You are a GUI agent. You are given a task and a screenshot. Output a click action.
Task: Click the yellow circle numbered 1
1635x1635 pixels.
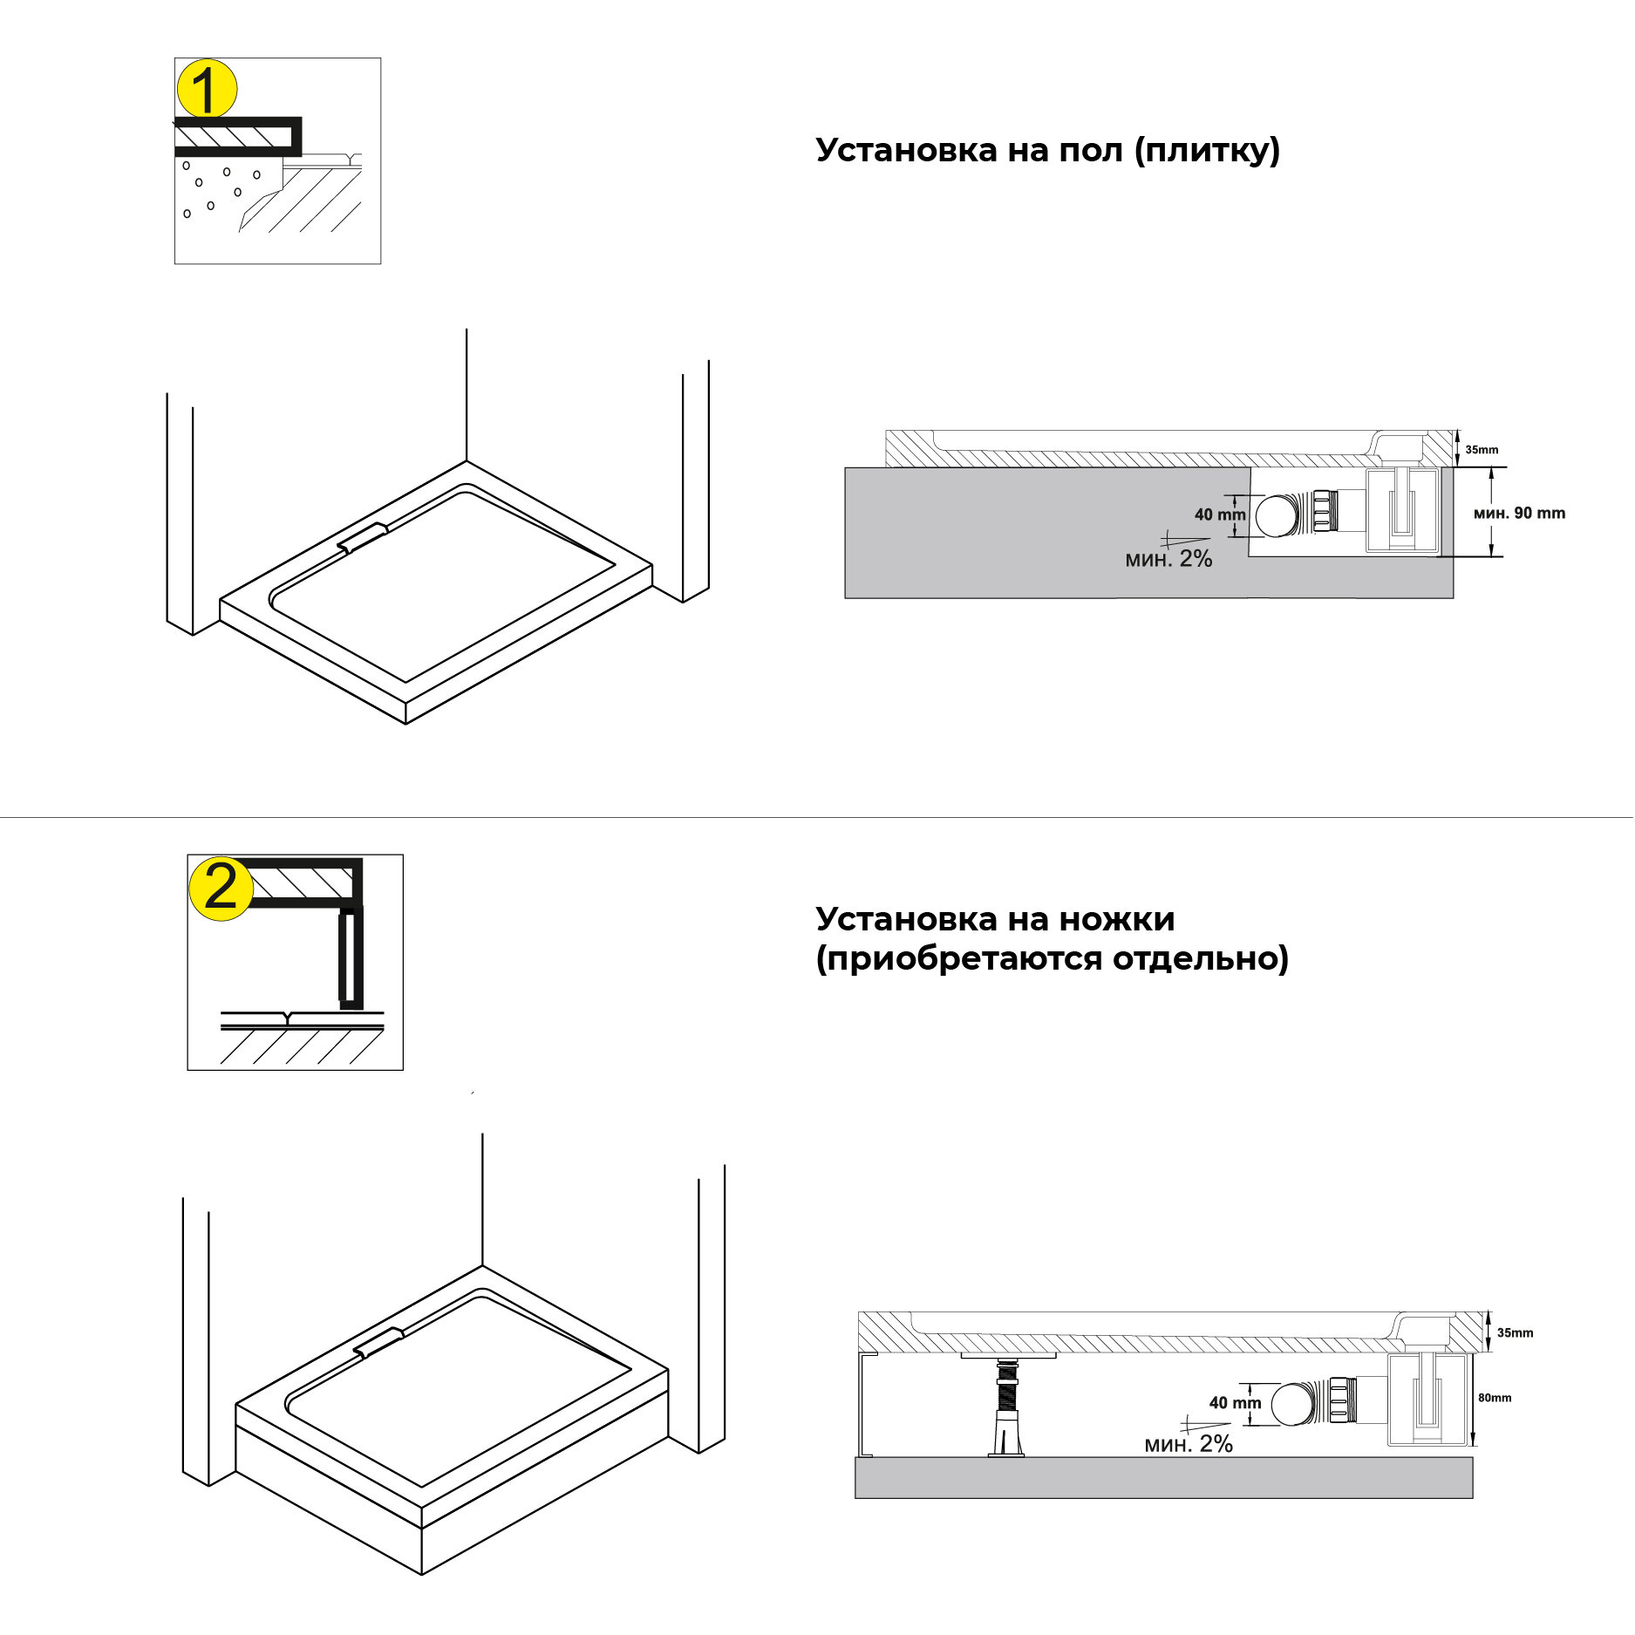pyautogui.click(x=207, y=89)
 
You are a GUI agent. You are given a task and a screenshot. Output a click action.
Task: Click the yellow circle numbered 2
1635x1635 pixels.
pyautogui.click(x=221, y=889)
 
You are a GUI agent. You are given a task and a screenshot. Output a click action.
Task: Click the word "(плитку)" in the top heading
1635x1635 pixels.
pyautogui.click(x=1207, y=151)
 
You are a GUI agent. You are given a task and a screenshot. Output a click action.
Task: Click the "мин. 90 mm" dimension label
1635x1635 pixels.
pyautogui.click(x=1519, y=513)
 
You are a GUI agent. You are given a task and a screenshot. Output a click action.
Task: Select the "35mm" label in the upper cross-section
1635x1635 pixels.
pyautogui.click(x=1482, y=450)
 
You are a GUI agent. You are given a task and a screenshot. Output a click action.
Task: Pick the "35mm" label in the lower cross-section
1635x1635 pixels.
pyautogui.click(x=1515, y=1332)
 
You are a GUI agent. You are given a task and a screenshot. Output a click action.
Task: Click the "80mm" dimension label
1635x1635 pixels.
pyautogui.click(x=1495, y=1398)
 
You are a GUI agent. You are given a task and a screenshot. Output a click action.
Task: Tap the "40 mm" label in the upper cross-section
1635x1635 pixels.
pyautogui.click(x=1220, y=514)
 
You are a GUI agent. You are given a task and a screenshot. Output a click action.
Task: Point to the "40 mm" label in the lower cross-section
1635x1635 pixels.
pyautogui.click(x=1235, y=1403)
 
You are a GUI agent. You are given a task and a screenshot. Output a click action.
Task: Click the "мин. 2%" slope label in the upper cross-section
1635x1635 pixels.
pyautogui.click(x=1168, y=559)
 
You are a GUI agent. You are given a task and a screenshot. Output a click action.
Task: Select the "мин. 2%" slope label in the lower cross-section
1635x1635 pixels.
pyautogui.click(x=1189, y=1444)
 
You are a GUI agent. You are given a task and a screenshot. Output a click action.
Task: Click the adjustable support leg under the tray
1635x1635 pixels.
pyautogui.click(x=1007, y=1407)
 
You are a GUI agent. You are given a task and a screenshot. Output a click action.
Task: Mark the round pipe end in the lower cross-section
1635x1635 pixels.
pyautogui.click(x=1292, y=1404)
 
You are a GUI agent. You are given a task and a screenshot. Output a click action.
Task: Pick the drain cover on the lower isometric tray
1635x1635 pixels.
pyautogui.click(x=378, y=1342)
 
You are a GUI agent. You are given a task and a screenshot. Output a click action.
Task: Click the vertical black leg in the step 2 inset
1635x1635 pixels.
pyautogui.click(x=350, y=957)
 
